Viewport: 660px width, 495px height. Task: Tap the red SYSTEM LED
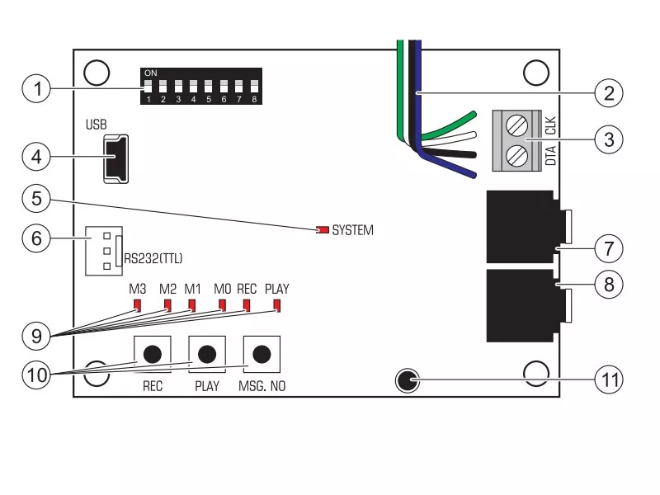[x=323, y=230]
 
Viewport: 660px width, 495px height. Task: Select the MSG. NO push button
[x=262, y=354]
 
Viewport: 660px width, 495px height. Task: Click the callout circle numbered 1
[x=35, y=88]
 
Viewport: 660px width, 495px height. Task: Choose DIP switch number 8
[x=254, y=86]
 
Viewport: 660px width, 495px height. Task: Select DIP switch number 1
[x=148, y=86]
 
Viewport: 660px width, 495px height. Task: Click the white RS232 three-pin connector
[x=103, y=250]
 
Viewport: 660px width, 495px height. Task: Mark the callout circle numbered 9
[x=35, y=337]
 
